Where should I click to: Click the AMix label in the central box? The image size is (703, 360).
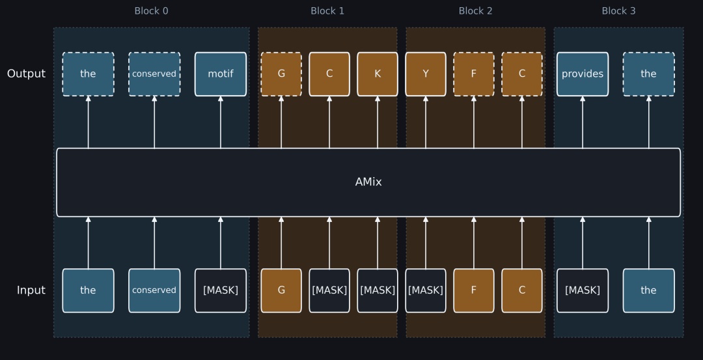(368, 182)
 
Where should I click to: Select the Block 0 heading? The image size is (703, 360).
(151, 11)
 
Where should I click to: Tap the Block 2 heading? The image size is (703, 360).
(475, 11)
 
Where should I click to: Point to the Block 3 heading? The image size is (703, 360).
(618, 11)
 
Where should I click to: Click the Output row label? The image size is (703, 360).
(26, 74)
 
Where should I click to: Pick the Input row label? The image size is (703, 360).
(31, 290)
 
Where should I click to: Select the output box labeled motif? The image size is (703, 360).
(221, 74)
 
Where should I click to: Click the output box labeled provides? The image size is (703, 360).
(583, 74)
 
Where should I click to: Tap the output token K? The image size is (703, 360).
(378, 74)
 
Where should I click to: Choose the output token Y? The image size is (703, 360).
(426, 74)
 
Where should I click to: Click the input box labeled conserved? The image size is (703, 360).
(154, 290)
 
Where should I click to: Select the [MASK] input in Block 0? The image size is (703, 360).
(221, 290)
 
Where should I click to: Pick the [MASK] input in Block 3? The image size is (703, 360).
(583, 290)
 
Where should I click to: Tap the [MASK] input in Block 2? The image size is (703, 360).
(426, 290)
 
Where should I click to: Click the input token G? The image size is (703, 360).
(281, 290)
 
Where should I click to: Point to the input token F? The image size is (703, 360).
(474, 290)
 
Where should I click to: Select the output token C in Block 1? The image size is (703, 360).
(329, 74)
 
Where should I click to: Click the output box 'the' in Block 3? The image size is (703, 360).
(648, 74)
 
